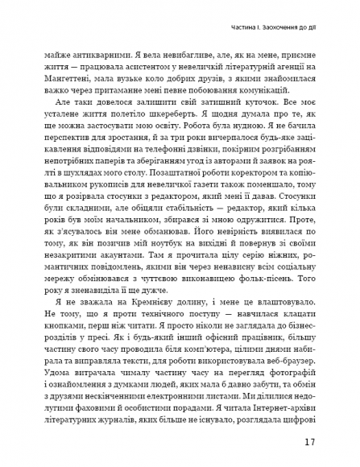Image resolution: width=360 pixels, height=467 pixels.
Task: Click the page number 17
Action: click(x=310, y=442)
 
